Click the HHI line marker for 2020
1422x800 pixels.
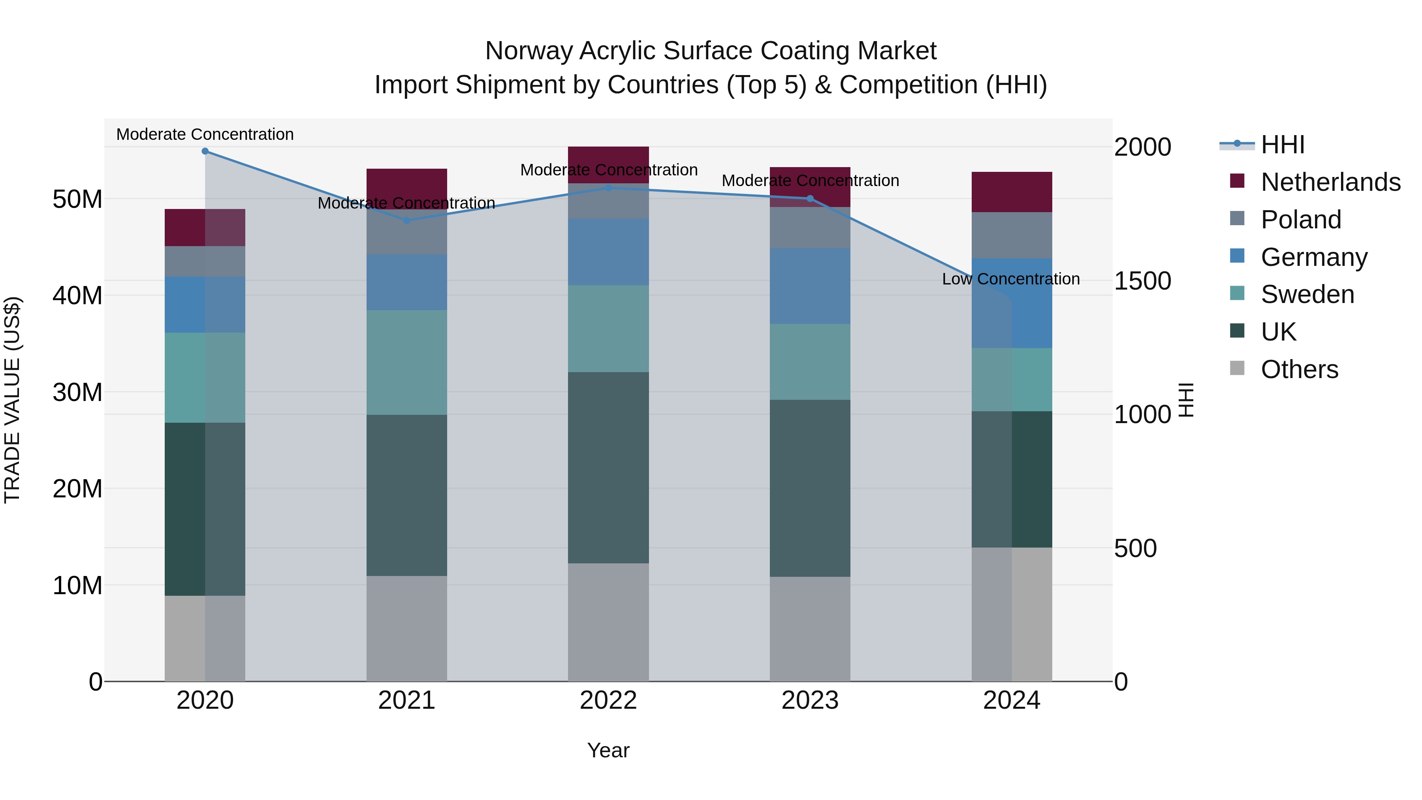[x=205, y=151]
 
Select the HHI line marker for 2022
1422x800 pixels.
[x=608, y=188]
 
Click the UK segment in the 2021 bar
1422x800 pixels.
[x=407, y=495]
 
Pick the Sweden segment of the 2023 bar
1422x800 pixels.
[x=810, y=361]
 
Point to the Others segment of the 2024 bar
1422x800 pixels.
[x=1012, y=614]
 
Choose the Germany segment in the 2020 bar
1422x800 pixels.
[x=205, y=305]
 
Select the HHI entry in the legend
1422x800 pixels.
[x=1282, y=145]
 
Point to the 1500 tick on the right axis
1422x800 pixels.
[x=1142, y=281]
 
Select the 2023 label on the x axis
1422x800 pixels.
[x=810, y=700]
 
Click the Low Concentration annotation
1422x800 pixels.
[x=1011, y=279]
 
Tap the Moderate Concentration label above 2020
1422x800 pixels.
[x=205, y=134]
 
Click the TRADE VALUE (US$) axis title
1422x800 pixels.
[x=12, y=400]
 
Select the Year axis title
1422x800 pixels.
[x=608, y=750]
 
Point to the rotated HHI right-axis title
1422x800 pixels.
[x=1186, y=400]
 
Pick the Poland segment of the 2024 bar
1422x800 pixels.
[x=1012, y=235]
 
